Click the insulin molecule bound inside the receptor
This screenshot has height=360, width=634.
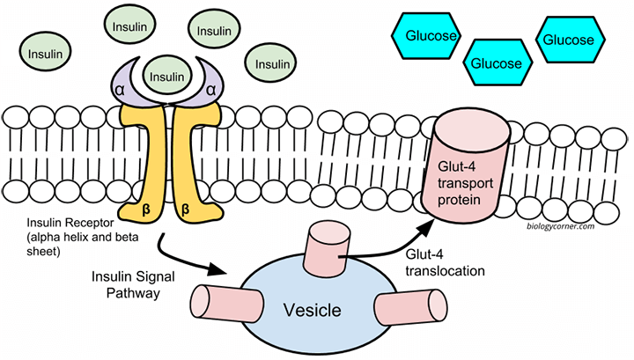(x=166, y=77)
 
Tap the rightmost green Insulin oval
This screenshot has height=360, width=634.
(x=271, y=63)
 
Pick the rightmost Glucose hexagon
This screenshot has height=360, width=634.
(x=568, y=40)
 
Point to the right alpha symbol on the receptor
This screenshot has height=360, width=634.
(x=211, y=88)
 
